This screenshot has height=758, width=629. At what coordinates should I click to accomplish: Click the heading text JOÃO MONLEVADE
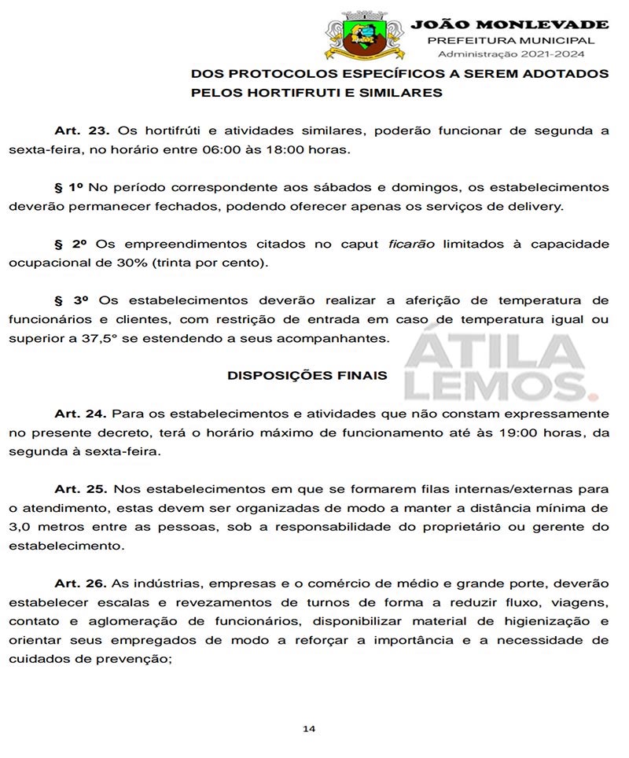[x=509, y=24]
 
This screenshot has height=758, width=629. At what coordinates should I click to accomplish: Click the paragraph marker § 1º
[x=68, y=187]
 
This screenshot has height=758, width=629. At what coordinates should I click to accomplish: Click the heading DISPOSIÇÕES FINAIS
[x=307, y=375]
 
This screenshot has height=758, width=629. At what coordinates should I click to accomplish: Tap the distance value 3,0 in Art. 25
[x=20, y=526]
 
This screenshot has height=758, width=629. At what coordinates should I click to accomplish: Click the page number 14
[x=309, y=729]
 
